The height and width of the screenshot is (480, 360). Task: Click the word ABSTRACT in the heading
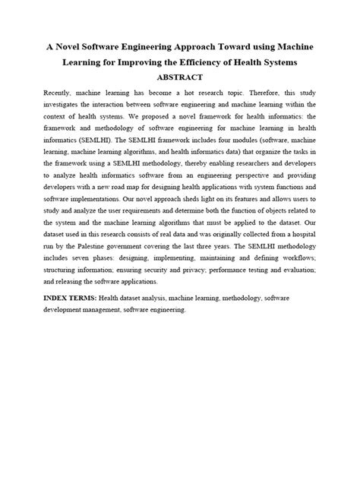(179, 77)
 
